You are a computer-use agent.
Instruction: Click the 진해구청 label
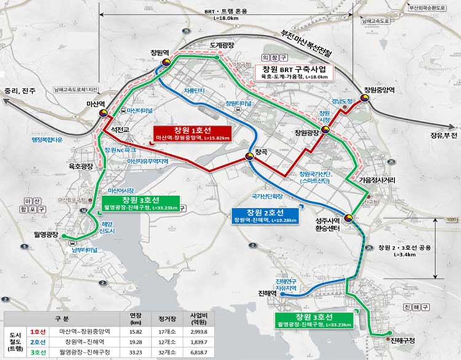tap(403, 340)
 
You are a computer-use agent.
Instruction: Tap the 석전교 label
tap(115, 130)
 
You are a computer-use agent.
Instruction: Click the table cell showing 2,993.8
tap(208, 331)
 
